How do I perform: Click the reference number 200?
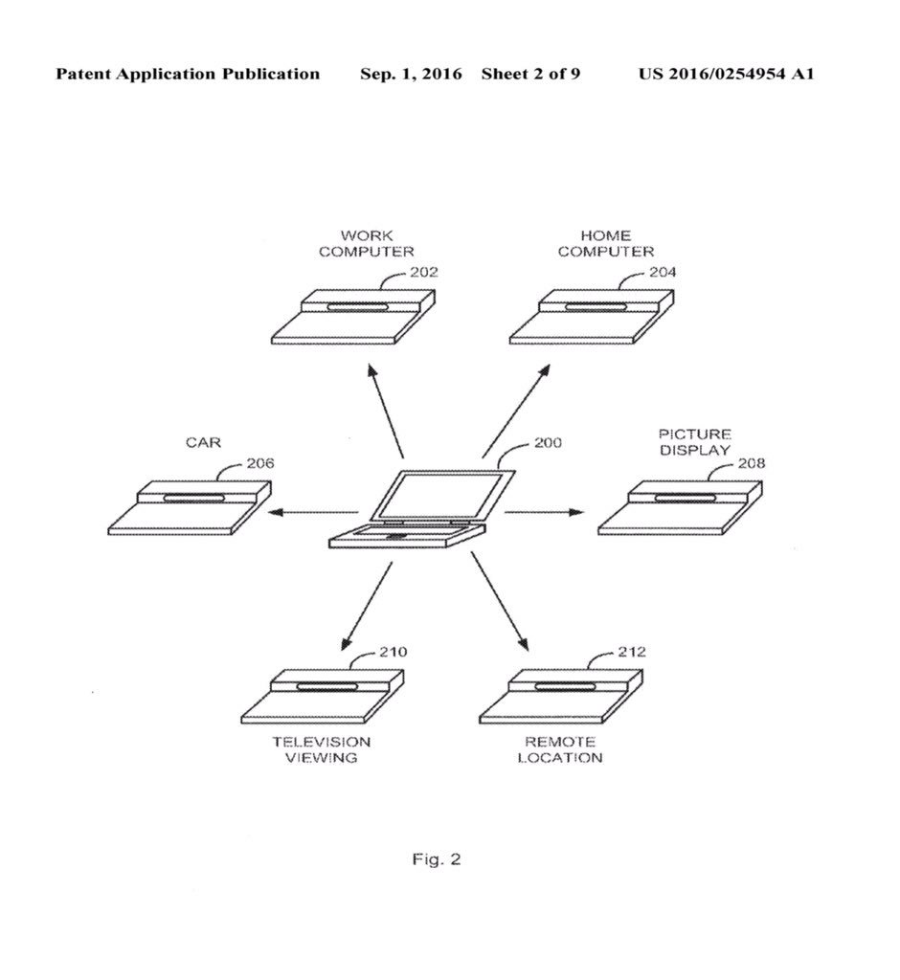pos(548,443)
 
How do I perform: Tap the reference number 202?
pos(423,272)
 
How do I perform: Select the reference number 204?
pos(662,272)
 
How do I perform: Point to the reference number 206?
pos(260,463)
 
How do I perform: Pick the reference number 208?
pos(751,463)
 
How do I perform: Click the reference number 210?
pos(393,653)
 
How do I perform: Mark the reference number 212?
pos(631,653)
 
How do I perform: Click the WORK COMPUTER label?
pos(367,243)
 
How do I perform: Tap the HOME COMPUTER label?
pos(606,243)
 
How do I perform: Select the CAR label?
pos(203,442)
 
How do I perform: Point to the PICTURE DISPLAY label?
pos(694,442)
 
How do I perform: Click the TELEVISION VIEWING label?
pos(308,749)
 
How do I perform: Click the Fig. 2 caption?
pos(437,859)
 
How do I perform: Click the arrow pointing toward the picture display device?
pos(543,513)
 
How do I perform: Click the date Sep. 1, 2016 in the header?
pos(411,74)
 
